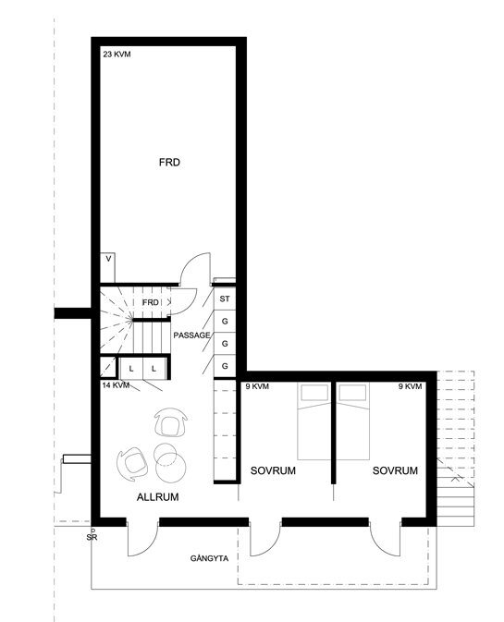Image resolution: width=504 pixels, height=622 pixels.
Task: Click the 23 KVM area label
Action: (117, 55)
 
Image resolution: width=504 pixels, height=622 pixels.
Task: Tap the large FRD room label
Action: (169, 163)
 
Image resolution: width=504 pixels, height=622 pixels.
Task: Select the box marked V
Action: (107, 268)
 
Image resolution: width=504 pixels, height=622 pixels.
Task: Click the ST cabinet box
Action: (225, 299)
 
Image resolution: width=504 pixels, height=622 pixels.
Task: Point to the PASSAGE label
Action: (191, 335)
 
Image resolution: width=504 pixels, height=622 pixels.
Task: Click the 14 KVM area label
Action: (116, 385)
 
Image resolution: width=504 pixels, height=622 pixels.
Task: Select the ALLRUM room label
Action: (157, 497)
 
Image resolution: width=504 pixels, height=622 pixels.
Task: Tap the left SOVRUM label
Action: (273, 470)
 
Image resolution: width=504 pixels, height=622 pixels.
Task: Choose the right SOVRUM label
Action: (395, 470)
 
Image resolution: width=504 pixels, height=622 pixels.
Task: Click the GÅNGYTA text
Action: (209, 558)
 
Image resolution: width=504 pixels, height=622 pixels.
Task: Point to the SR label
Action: (92, 538)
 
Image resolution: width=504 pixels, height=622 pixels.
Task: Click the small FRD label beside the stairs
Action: (151, 302)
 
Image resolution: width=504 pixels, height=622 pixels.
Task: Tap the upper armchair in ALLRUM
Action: (171, 423)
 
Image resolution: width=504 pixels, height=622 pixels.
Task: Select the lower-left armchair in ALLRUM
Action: (132, 464)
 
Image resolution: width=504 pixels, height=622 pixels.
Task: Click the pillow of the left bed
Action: (314, 393)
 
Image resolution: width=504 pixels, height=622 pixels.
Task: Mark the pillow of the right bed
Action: (352, 393)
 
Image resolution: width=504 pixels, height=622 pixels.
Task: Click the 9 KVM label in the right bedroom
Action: (410, 386)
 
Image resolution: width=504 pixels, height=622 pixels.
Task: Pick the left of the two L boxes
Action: (131, 369)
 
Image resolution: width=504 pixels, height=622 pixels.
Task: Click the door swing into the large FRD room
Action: (194, 269)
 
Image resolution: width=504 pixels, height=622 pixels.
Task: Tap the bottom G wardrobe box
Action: (225, 366)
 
